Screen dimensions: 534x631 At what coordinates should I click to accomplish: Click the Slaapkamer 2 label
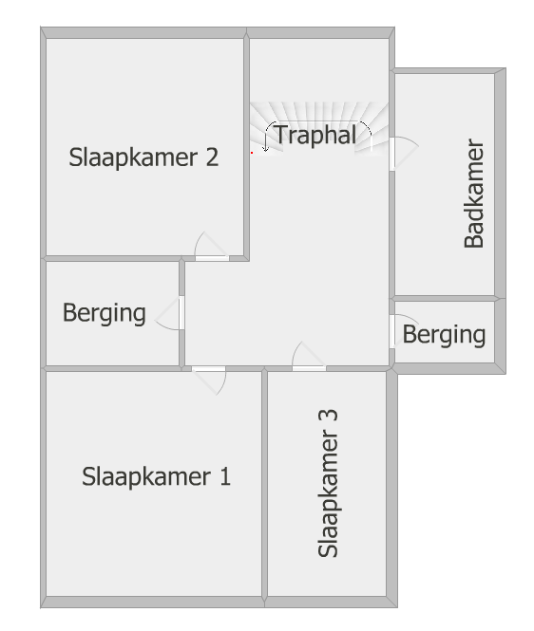point(143,158)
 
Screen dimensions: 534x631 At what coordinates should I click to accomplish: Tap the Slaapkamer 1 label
point(156,477)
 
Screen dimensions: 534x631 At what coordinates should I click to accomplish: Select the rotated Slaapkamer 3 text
point(328,483)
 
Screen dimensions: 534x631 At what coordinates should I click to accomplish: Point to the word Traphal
point(316,135)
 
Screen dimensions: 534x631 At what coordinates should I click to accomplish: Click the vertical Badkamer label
point(474,194)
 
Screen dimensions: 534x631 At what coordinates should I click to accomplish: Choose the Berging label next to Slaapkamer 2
point(104,313)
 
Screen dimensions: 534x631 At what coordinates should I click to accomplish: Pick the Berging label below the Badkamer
point(444,334)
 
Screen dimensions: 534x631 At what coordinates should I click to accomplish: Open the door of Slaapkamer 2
point(212,247)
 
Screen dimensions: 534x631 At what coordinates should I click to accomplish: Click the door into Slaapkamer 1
point(209,380)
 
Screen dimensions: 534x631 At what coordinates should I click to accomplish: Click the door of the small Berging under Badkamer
point(403,332)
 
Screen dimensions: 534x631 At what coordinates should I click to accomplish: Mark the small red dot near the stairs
point(252,153)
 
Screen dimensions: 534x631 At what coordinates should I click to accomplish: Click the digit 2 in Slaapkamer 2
point(212,157)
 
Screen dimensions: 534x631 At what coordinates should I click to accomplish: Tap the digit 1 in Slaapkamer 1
point(225,476)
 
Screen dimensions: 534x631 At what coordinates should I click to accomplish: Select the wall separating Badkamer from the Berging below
point(445,298)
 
